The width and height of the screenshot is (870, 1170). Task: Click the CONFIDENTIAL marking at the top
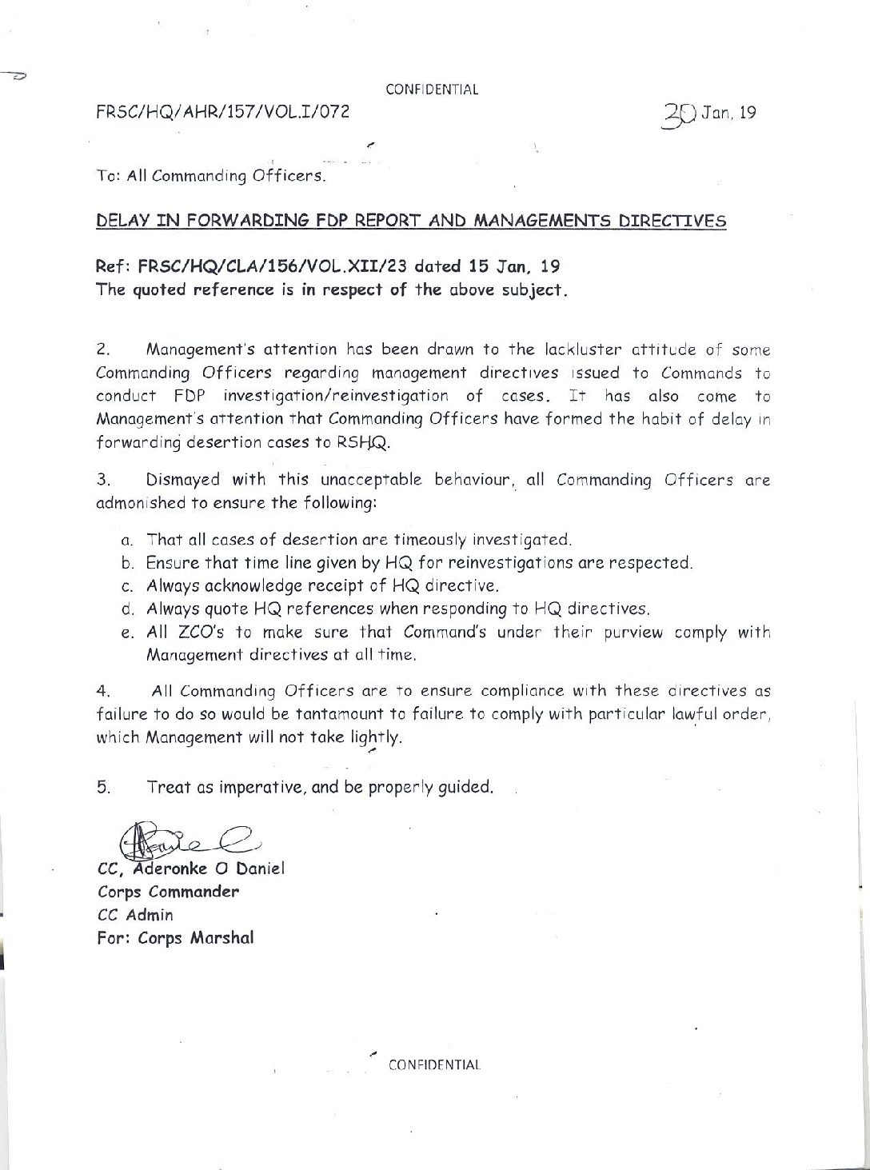tap(432, 90)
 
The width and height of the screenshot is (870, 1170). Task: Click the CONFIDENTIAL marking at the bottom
tap(434, 1064)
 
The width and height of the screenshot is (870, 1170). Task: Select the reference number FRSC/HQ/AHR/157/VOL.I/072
tap(223, 113)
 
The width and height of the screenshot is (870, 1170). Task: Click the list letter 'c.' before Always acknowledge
tap(126, 585)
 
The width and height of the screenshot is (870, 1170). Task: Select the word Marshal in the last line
tap(221, 938)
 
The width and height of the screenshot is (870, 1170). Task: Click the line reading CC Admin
tap(135, 915)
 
